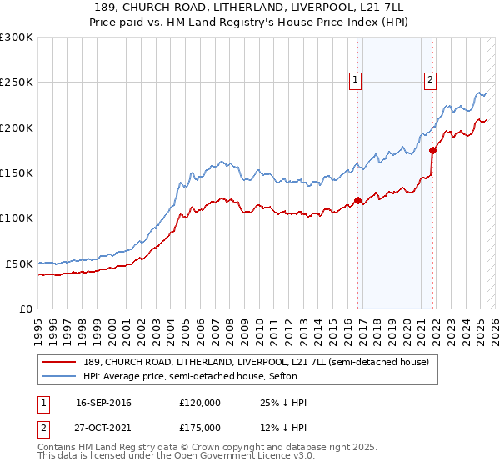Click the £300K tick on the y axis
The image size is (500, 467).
coord(17,38)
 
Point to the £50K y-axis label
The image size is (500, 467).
coord(19,264)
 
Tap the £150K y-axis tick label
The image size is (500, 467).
coord(17,173)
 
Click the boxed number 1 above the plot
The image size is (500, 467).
coord(356,80)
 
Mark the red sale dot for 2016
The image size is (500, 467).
coord(358,200)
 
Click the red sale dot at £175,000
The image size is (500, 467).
coord(433,150)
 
